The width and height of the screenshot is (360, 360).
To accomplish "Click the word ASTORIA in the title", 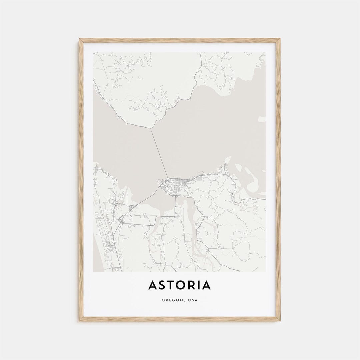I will point(180,285).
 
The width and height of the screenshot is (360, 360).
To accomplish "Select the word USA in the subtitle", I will point(193,300).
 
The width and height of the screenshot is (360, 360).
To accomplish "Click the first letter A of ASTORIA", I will point(153,285).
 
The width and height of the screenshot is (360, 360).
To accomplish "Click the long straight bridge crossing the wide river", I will point(159,153).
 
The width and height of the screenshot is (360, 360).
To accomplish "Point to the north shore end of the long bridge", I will point(151,128).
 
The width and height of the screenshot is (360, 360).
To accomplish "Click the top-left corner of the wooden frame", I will point(80,39).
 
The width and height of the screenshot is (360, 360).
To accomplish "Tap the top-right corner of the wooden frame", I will point(279,39).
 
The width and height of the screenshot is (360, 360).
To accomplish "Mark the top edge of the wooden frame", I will point(180,39).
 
